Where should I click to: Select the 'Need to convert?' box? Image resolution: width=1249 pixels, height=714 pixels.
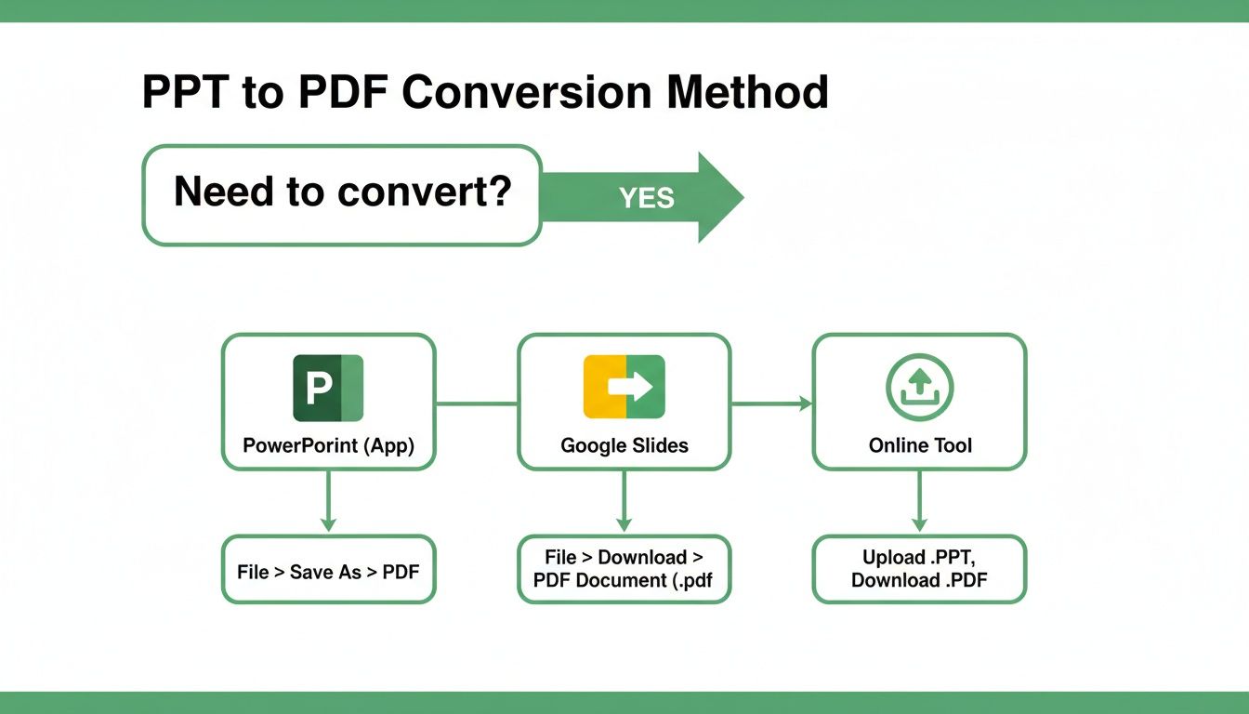click(x=341, y=195)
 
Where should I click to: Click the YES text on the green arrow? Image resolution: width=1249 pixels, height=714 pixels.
click(x=647, y=197)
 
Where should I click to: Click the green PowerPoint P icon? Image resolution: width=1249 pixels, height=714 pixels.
click(x=328, y=388)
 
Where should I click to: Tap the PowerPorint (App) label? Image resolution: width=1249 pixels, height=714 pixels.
click(x=328, y=445)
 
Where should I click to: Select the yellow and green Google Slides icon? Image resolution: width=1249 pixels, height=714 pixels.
click(x=624, y=386)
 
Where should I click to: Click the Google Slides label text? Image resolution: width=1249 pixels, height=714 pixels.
click(x=624, y=445)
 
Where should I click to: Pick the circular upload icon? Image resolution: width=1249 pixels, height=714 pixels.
click(x=920, y=386)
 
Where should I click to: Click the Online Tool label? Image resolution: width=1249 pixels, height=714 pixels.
click(x=920, y=445)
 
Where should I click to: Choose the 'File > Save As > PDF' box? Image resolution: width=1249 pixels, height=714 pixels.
click(x=328, y=571)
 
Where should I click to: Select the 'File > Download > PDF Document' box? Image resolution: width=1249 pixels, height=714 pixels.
click(x=624, y=569)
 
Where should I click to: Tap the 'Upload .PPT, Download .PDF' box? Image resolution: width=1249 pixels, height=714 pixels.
click(x=919, y=569)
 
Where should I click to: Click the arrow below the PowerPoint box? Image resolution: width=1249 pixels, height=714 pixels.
click(x=328, y=502)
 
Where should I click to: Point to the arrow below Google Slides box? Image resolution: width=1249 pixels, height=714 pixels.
click(x=624, y=502)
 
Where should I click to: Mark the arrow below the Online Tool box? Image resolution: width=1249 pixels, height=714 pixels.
click(x=919, y=502)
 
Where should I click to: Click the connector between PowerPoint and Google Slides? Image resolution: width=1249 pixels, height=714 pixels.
click(x=476, y=403)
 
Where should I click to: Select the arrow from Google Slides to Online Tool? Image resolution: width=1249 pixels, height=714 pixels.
click(x=771, y=403)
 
